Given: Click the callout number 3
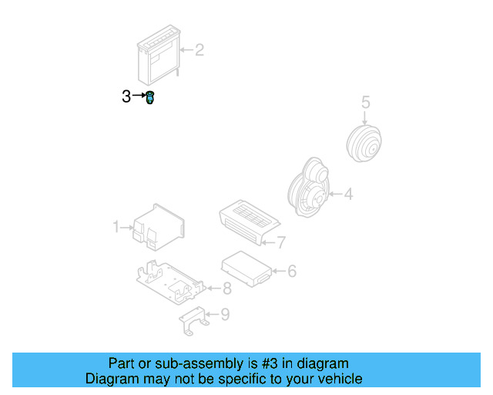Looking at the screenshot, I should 126,96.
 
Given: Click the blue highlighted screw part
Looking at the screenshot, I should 149,98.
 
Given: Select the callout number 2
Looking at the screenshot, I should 199,51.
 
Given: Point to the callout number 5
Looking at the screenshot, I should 366,101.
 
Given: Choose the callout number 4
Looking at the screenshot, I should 348,194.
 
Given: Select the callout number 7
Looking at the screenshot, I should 281,242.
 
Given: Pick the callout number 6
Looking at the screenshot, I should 291,271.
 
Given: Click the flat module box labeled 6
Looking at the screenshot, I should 246,267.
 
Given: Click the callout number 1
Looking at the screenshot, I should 116,227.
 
